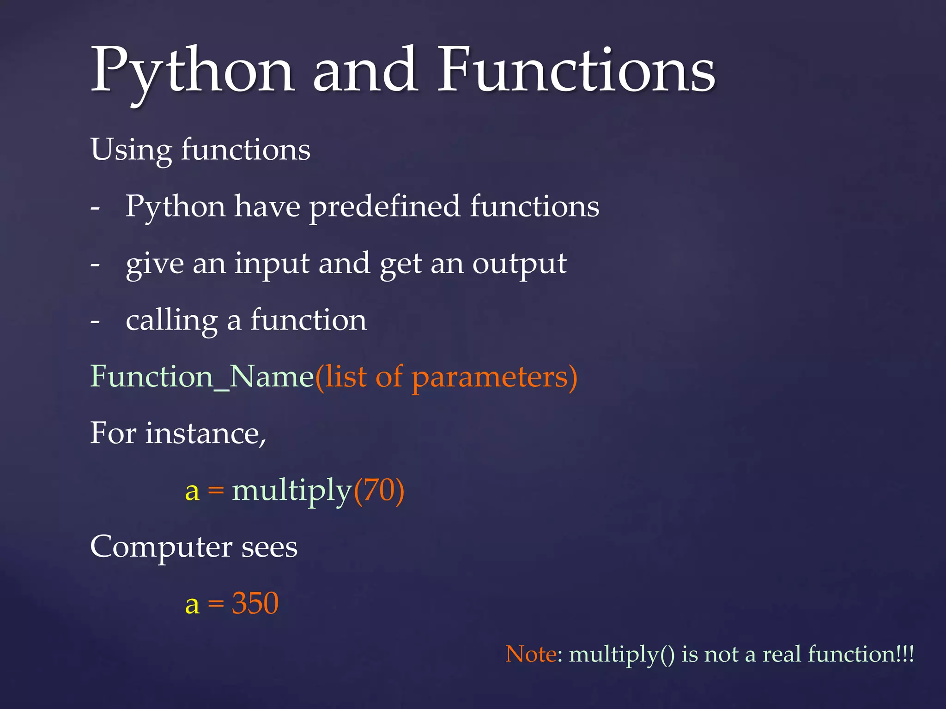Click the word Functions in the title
576,70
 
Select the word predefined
385,207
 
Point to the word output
519,264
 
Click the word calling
171,320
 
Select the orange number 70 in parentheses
378,490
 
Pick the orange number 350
255,603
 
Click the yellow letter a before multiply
192,492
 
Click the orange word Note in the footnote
531,654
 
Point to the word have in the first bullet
267,206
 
